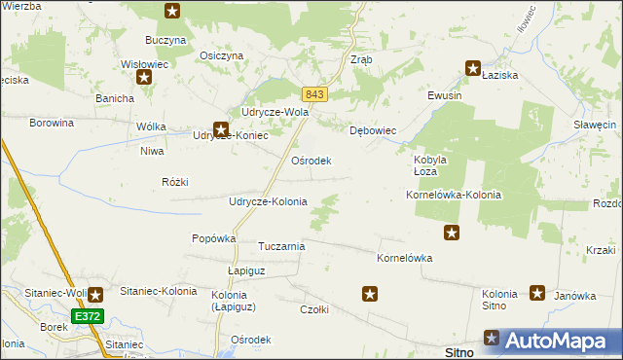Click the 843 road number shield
(313, 94)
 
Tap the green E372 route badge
(87, 316)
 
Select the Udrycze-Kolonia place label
(267, 201)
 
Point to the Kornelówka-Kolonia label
(453, 195)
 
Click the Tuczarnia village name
(281, 246)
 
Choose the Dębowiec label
(372, 129)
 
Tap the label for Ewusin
(444, 96)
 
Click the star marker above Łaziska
(473, 68)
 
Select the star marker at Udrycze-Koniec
(221, 128)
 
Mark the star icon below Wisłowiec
(144, 78)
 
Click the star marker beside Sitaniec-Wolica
(95, 295)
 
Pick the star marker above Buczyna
(172, 12)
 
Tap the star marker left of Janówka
(537, 292)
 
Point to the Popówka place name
(214, 238)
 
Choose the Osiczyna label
(220, 55)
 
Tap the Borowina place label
(52, 124)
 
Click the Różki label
(175, 182)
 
